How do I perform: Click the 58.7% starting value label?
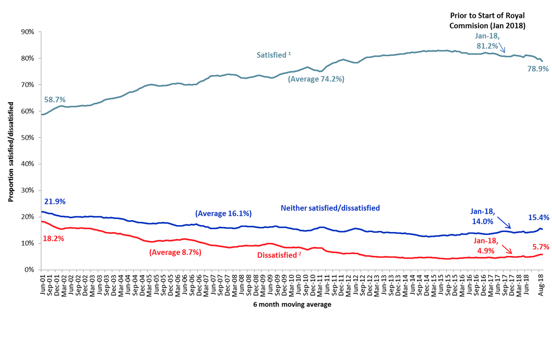[55, 99]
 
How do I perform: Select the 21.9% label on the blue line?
[55, 202]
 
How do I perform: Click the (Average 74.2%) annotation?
[316, 79]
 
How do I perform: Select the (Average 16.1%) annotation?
[224, 214]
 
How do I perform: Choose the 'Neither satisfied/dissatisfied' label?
[330, 208]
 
